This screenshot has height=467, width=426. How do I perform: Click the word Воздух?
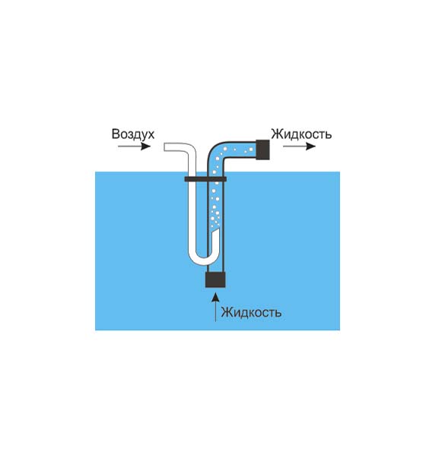coord(133,134)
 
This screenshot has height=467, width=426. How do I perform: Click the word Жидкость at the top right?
coord(301,134)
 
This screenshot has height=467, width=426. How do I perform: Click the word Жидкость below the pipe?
coord(251,312)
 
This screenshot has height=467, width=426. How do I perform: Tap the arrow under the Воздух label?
coord(134,147)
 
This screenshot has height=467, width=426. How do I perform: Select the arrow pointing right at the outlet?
coord(299,147)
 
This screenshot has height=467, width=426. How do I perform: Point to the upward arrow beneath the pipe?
coord(215,308)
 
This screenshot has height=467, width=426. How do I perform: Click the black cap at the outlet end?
coord(262,150)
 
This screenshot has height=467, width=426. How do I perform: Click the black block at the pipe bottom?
coord(215,280)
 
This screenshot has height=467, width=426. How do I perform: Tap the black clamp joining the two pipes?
coord(205,179)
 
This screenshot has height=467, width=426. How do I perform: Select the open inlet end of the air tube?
coord(164,147)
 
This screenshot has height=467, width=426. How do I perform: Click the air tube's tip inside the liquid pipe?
coord(216,231)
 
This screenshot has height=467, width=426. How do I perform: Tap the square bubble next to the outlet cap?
coord(251,150)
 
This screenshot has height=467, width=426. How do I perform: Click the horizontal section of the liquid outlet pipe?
coord(240,150)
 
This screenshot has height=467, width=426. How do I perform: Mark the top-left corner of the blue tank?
coord(95,172)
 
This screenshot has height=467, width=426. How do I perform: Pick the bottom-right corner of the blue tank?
coord(340,330)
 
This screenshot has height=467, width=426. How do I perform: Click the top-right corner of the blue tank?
coord(340,172)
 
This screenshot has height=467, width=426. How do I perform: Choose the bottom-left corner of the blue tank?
coord(95,330)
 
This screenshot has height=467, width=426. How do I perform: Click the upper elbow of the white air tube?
coord(190,150)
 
